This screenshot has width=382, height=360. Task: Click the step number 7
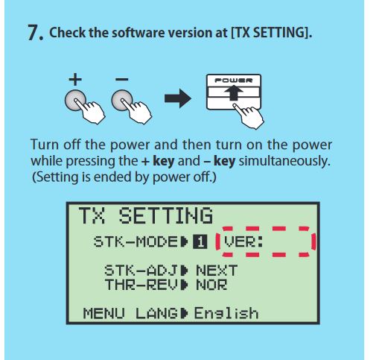coord(35,33)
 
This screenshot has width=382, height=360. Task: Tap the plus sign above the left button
coord(75,80)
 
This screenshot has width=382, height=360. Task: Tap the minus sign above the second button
coord(122,80)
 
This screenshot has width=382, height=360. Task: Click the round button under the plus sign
coord(75,101)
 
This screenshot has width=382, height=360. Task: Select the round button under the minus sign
coord(122,101)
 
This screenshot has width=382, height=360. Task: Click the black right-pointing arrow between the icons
coord(178,98)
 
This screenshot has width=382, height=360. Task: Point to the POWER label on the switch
coord(234,80)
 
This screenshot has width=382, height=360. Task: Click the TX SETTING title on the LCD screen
coord(146,215)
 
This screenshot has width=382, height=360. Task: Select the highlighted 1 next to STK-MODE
coord(200,241)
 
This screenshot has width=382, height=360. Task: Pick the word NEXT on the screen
coord(217,270)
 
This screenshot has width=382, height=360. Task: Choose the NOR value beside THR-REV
coord(211,285)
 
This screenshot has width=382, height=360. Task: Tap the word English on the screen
coord(226,313)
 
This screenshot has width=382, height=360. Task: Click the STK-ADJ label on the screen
coord(141,270)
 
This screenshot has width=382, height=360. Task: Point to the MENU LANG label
coord(130,313)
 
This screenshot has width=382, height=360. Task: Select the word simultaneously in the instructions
coord(284,161)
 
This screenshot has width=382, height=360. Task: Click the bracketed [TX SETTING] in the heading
coord(271,33)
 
